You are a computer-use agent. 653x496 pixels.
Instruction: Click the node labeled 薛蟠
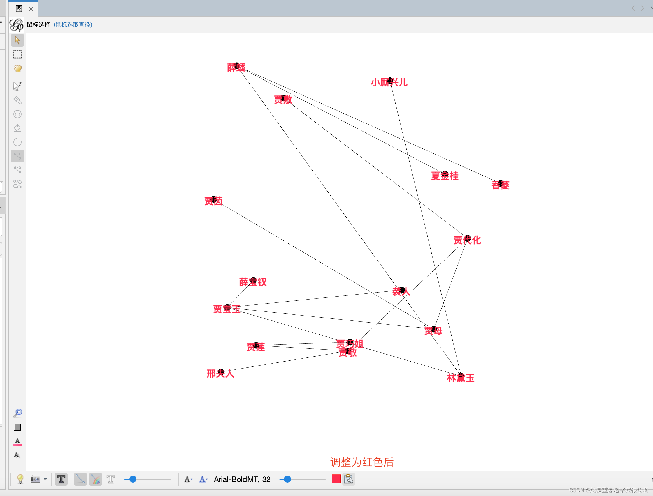[x=236, y=65]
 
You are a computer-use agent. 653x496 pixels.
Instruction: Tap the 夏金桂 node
[x=445, y=174]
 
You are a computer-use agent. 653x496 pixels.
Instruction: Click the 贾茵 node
[x=214, y=200]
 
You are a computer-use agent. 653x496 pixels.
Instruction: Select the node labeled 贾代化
[x=467, y=239]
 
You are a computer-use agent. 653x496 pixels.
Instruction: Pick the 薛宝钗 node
[x=253, y=281]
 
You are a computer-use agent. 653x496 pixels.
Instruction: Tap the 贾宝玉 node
[x=227, y=308]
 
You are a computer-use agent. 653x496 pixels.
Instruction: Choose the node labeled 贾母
[x=434, y=329]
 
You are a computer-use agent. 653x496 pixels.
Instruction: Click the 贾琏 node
[x=256, y=345]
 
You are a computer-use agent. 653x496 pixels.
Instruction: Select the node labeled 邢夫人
[x=221, y=372]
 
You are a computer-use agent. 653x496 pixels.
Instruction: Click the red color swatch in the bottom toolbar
[x=336, y=479]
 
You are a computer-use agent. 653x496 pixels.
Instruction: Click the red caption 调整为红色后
[x=362, y=462]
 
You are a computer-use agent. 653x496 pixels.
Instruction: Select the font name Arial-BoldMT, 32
[x=242, y=479]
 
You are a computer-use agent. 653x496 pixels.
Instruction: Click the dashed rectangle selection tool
[x=17, y=54]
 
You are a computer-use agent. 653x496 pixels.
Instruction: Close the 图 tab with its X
[x=31, y=9]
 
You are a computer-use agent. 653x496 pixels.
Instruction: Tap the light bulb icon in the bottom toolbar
[x=20, y=479]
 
